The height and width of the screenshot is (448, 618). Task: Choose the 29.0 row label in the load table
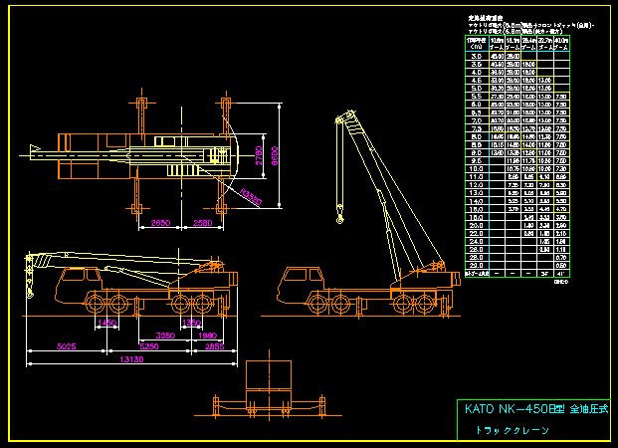(476, 264)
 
